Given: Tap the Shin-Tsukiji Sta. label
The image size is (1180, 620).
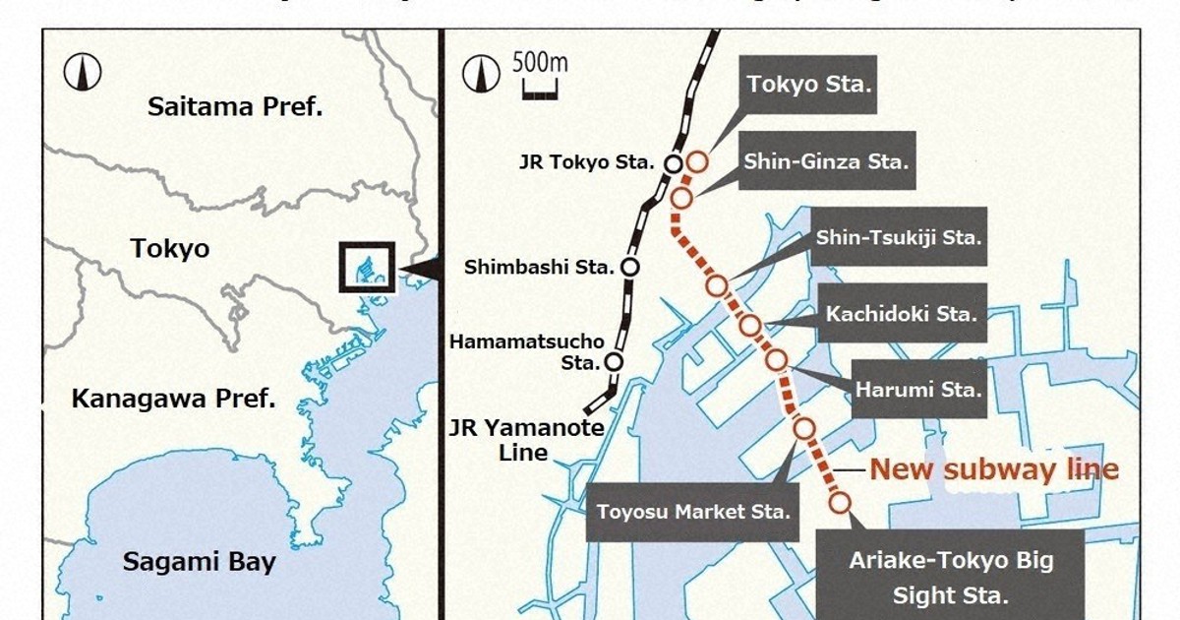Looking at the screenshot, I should point(899,237).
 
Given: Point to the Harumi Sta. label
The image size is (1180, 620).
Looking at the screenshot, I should point(918,389).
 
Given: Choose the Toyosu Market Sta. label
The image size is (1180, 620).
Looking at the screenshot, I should point(694,512).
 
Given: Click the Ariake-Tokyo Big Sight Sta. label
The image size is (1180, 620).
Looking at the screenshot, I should point(950,578).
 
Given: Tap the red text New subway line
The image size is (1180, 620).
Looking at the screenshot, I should point(994,469).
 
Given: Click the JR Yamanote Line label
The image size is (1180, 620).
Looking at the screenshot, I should point(526,440).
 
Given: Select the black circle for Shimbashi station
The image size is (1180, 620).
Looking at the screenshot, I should point(630,266).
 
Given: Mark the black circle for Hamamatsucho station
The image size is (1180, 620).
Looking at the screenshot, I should point(615,361).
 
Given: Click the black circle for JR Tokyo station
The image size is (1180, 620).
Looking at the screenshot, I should point(675,163).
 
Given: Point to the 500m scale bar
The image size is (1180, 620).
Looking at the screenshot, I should point(539,93).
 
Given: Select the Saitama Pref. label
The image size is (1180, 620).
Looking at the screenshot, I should point(235,106).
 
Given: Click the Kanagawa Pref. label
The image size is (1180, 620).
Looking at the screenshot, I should point(173,400).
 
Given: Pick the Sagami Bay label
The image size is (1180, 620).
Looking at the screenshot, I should point(199,563).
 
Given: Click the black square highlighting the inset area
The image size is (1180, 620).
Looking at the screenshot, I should point(367,267).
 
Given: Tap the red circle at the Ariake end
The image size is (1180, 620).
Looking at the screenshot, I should point(840,503).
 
